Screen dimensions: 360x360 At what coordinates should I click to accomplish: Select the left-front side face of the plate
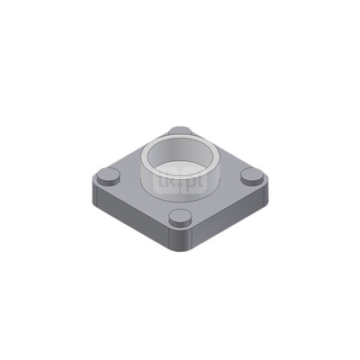click(130, 220)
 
